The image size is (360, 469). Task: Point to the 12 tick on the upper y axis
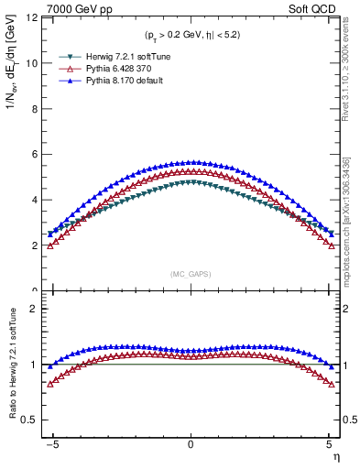(x=33, y=18)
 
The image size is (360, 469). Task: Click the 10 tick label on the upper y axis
(x=33, y=63)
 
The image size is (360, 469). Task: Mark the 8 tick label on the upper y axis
(x=36, y=109)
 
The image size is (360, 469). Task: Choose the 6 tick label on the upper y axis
(x=36, y=154)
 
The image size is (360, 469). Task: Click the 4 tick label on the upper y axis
(x=36, y=200)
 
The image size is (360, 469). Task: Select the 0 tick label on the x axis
(x=191, y=443)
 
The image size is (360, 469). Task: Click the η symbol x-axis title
(x=335, y=455)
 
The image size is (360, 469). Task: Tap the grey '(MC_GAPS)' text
(x=190, y=273)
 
